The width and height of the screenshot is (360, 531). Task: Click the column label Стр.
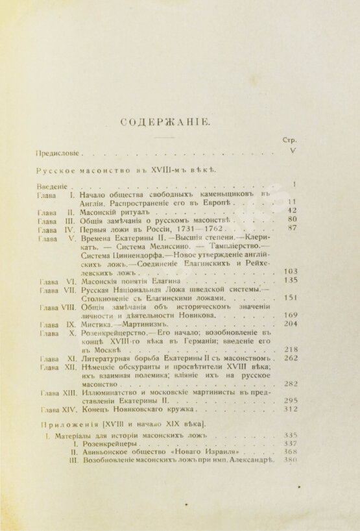[x=290, y=140]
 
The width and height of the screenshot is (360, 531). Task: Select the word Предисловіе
[x=58, y=154]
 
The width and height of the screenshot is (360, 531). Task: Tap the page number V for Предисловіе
[x=292, y=151]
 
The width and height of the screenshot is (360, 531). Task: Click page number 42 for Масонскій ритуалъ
[x=292, y=211]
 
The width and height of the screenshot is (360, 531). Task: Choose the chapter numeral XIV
[x=67, y=409]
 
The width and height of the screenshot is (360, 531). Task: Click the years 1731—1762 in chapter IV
[x=197, y=229]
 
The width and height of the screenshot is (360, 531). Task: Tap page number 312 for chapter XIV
[x=290, y=409]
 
